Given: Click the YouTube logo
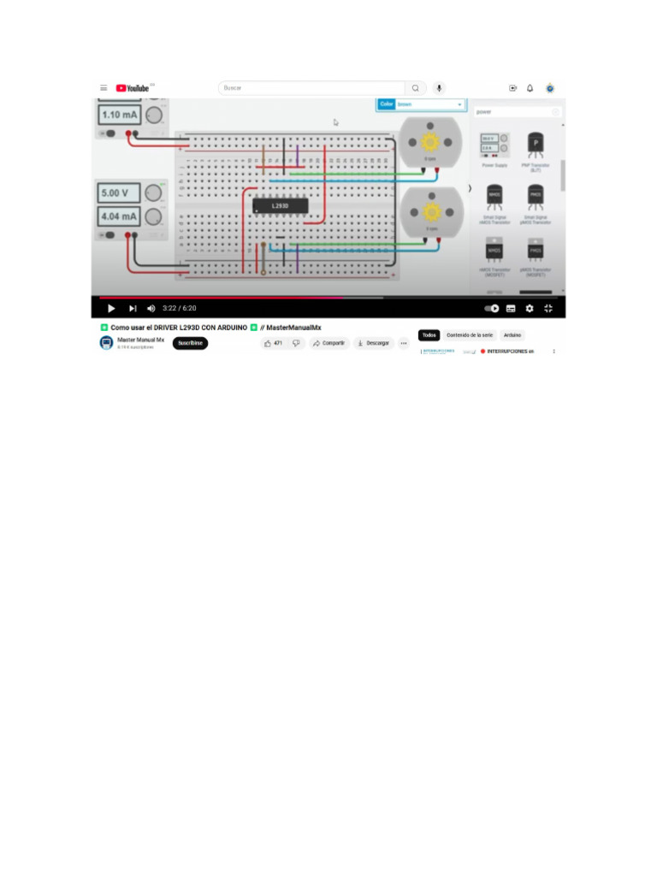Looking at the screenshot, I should pos(132,87).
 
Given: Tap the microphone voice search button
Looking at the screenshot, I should pos(439,88).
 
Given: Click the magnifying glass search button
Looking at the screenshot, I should pos(416,88).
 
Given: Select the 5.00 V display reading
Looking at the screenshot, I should pos(121,193).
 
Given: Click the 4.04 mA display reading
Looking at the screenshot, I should pos(121,216).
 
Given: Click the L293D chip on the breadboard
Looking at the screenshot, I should pos(280,205).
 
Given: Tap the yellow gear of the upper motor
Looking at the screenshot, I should pos(430,140).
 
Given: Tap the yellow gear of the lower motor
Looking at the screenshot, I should pos(430,210).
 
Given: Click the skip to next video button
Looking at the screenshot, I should pos(133,308).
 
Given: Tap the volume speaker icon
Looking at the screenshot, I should pos(151,308).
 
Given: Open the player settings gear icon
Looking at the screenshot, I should pos(530,308).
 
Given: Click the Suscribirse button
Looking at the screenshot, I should pos(190,343).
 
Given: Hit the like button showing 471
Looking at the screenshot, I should pos(274,343).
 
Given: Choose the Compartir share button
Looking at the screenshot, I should pos(328,343).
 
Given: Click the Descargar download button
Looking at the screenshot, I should pos(373,343).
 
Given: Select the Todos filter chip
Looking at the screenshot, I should pos(429,335).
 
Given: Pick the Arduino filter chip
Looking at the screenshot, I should pos(512,335).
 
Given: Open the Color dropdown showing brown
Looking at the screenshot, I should pos(422,104).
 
